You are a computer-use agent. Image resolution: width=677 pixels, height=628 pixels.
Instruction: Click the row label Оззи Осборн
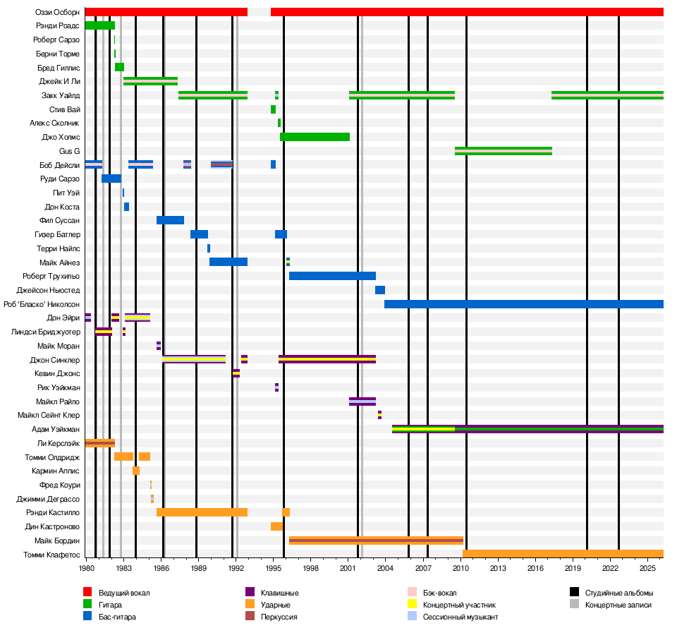click(57, 12)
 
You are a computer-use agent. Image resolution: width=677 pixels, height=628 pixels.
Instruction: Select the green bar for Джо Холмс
click(315, 137)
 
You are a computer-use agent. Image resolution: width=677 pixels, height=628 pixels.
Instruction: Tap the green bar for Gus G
click(503, 150)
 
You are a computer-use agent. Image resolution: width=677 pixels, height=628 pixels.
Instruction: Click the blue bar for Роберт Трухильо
click(332, 276)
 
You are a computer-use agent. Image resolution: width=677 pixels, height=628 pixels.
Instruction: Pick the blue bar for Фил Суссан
click(170, 220)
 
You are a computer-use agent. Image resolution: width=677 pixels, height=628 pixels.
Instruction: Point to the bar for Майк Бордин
click(376, 541)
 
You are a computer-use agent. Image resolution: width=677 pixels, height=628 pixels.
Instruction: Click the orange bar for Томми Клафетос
click(563, 554)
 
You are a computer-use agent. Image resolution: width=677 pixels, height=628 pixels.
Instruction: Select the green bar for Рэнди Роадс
click(99, 25)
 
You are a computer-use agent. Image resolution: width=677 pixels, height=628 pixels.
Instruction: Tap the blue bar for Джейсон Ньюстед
click(380, 290)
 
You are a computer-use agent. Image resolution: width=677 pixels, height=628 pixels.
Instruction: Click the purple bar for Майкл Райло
click(362, 401)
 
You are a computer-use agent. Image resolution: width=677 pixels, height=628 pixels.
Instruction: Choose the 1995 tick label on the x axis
click(274, 567)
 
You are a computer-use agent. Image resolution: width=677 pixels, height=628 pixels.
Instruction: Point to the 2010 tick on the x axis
click(461, 567)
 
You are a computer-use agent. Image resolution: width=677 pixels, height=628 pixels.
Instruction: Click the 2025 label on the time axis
click(648, 567)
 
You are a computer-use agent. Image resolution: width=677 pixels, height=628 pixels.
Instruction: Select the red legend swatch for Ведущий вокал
click(87, 593)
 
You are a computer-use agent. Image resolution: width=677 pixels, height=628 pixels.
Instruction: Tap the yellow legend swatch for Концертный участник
click(413, 605)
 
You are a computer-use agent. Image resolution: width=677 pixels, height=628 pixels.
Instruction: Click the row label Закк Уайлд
click(61, 95)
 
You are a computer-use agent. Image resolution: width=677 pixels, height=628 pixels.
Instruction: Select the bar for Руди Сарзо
click(111, 179)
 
